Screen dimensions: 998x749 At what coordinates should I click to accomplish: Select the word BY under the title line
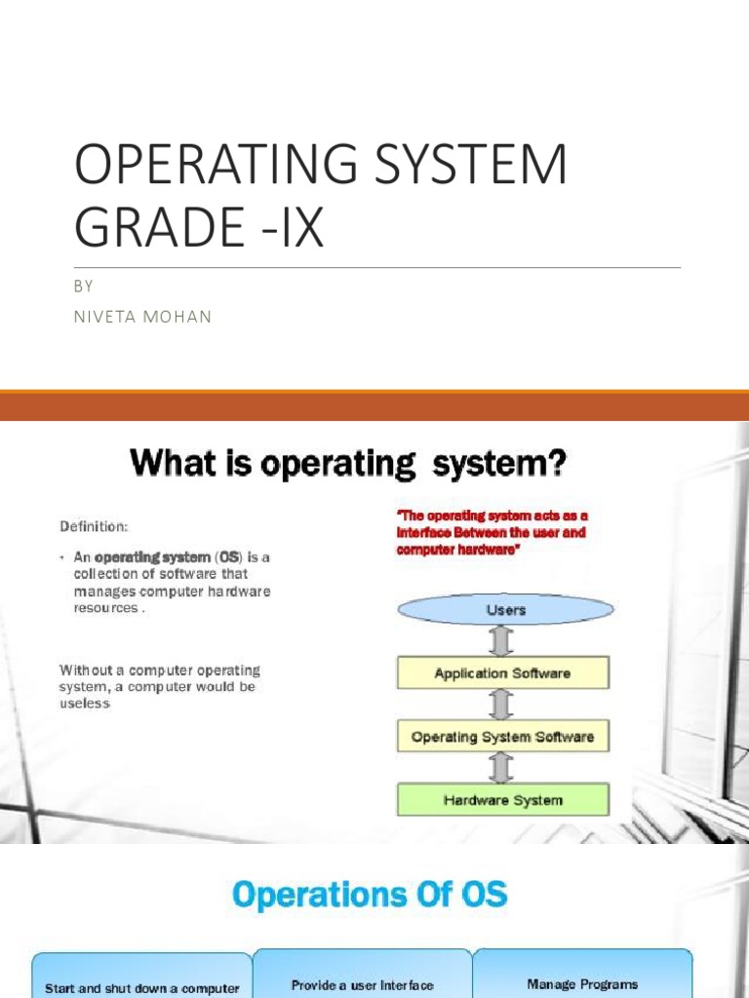pos(83,287)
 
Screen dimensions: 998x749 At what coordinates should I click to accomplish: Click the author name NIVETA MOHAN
pos(142,317)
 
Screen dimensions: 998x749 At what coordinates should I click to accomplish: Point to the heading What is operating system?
pos(348,463)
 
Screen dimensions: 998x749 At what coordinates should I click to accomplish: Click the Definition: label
pos(94,526)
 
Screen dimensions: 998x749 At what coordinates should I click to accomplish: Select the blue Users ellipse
pos(505,610)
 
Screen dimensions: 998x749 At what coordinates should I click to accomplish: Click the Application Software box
pos(502,673)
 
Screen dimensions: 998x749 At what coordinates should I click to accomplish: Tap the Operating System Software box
pos(502,737)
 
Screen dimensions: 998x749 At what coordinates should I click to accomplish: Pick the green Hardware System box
pos(502,800)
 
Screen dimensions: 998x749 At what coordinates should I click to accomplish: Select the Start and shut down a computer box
pos(142,985)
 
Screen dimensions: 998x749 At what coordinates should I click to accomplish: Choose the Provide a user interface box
pos(363,983)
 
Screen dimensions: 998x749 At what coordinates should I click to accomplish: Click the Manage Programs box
pos(582,983)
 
